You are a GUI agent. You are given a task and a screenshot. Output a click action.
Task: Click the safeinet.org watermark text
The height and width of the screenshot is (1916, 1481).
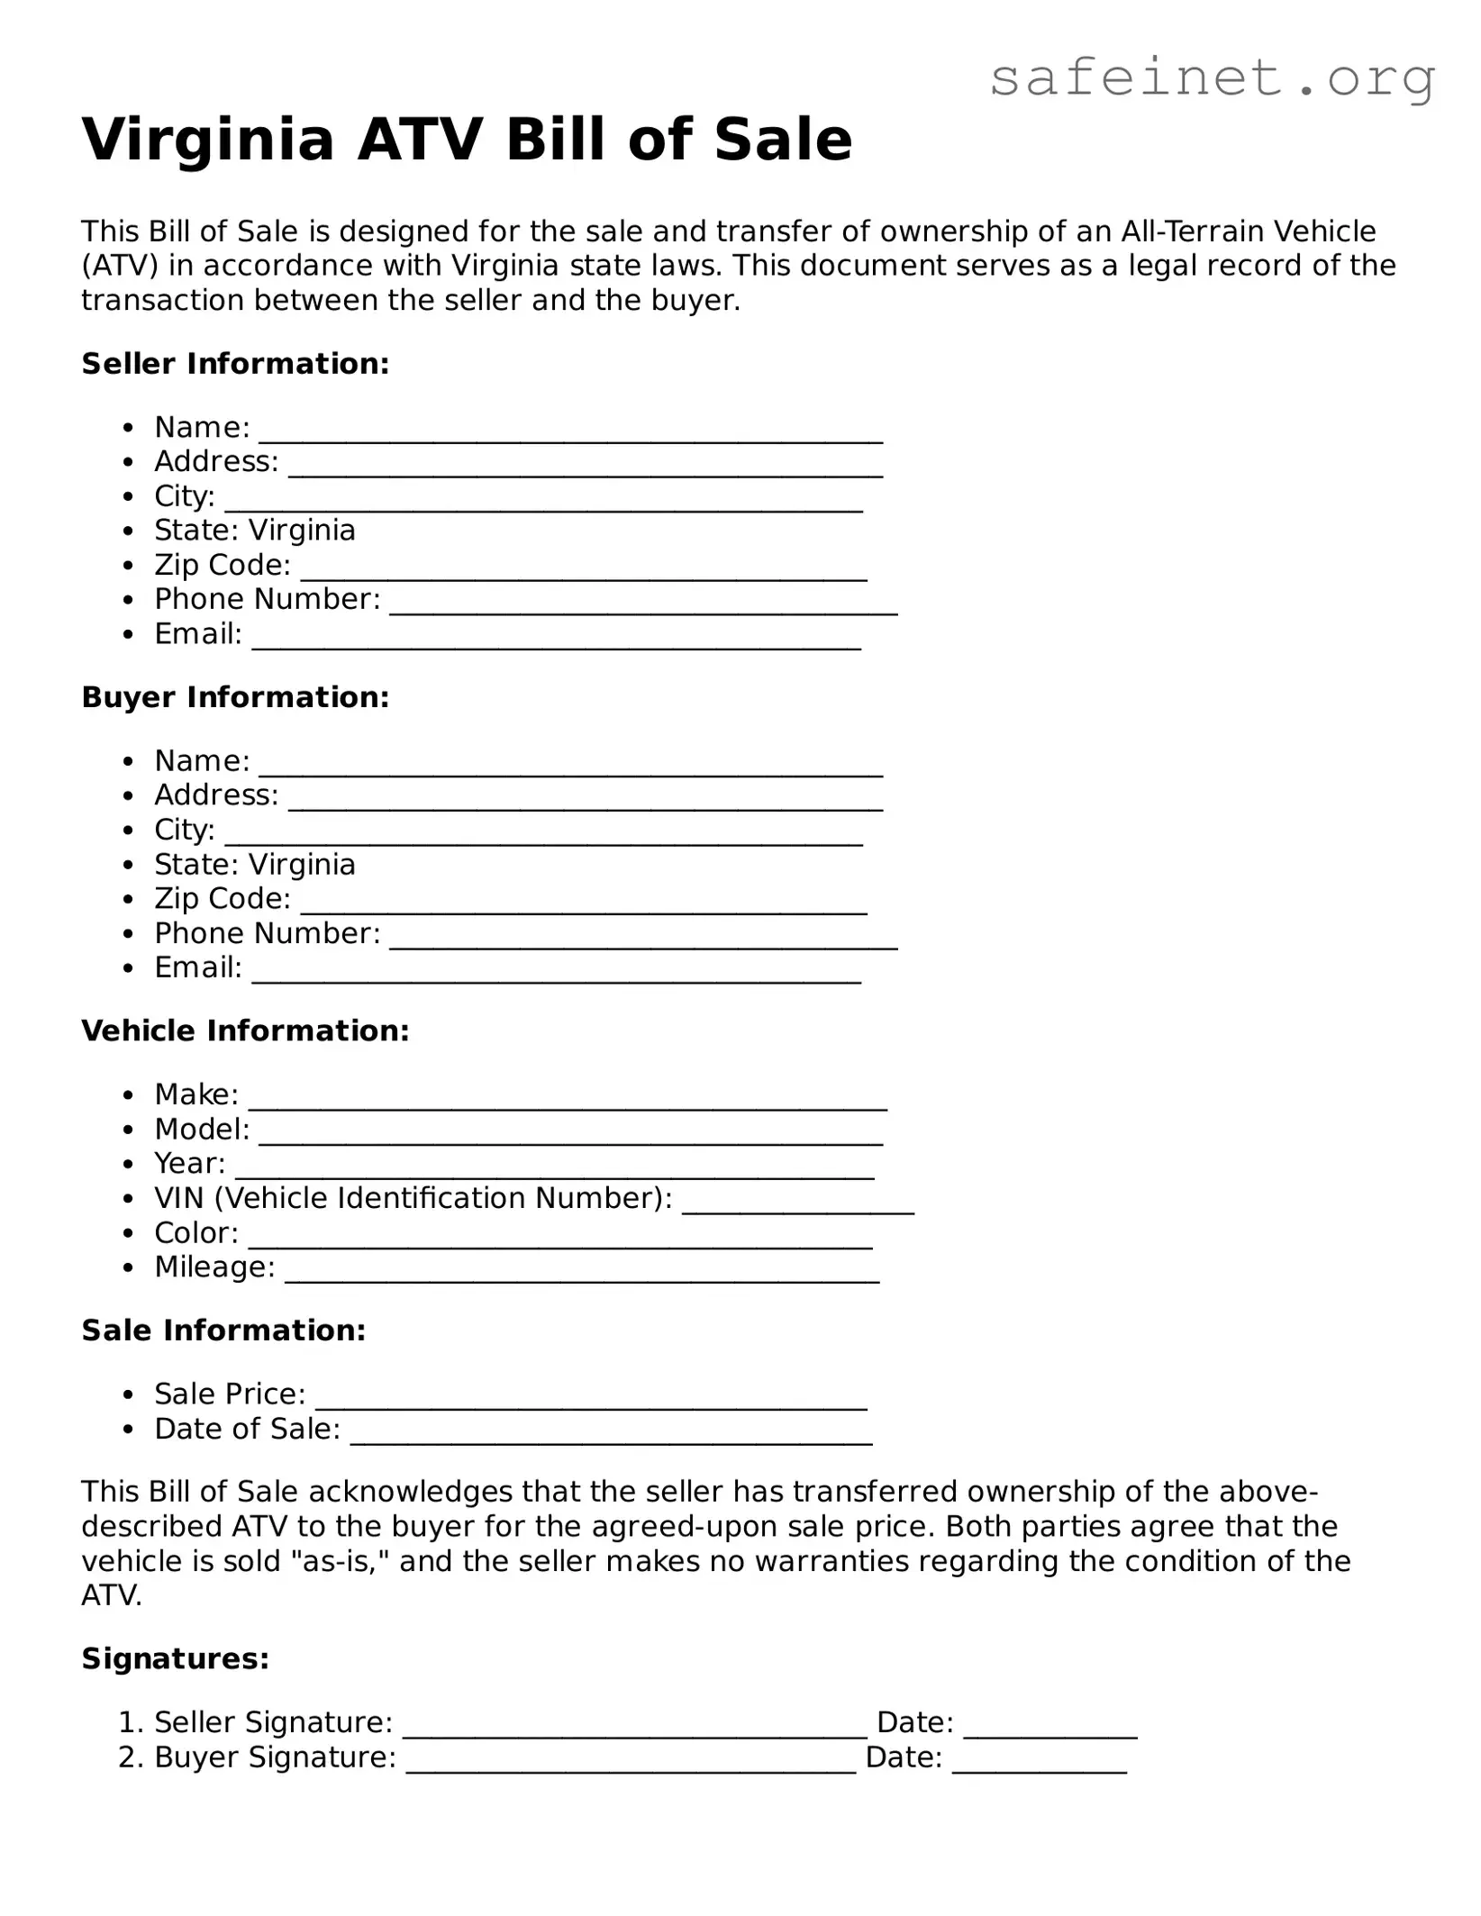tap(1212, 78)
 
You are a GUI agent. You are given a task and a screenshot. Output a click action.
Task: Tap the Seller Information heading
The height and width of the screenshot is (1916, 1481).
tap(235, 364)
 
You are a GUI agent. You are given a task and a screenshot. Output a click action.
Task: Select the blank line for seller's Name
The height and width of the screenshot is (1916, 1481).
tap(570, 434)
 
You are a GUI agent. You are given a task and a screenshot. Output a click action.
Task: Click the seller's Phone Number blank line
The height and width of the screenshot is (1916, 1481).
tap(643, 606)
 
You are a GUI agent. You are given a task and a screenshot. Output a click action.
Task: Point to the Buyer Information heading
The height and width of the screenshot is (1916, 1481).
tap(235, 697)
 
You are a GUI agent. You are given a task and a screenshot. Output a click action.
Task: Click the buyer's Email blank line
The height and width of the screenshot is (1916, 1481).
tap(556, 975)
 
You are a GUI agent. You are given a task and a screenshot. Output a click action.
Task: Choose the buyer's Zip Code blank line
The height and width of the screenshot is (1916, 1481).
tap(583, 906)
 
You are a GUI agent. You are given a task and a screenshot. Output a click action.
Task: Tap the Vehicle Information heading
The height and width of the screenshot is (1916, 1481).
tap(245, 1031)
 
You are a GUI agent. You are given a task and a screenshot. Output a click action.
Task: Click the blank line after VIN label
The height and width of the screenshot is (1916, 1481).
tap(798, 1205)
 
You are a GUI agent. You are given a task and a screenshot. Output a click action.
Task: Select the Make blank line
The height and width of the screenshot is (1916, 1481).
tap(568, 1102)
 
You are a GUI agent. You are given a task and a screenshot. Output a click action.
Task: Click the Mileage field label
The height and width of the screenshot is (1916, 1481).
tap(214, 1267)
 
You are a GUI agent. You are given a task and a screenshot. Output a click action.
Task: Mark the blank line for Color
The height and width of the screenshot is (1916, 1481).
tap(560, 1240)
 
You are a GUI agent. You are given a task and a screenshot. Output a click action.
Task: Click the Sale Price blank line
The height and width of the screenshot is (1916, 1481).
tap(591, 1402)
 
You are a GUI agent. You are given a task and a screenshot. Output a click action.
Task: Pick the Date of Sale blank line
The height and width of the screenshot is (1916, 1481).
tap(611, 1437)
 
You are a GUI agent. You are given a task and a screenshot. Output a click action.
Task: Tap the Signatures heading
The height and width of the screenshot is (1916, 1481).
tap(176, 1658)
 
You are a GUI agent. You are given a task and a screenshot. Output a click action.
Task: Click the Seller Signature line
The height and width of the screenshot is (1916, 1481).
tap(634, 1730)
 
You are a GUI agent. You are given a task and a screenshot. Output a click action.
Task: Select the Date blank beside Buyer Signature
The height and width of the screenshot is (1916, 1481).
tap(1039, 1765)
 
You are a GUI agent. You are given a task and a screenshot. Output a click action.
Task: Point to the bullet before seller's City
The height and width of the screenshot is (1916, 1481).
tap(131, 497)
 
